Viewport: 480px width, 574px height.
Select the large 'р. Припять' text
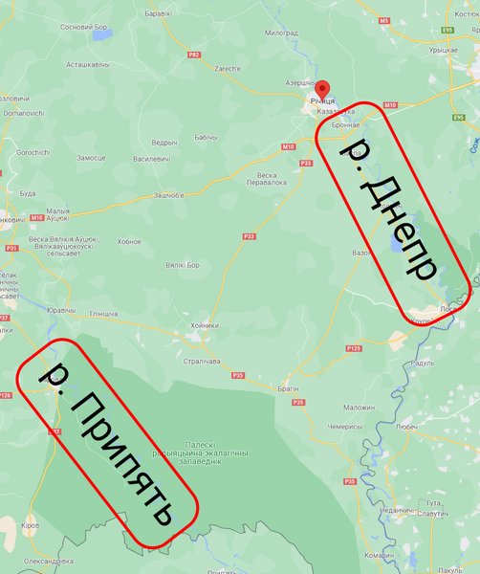tap(109, 444)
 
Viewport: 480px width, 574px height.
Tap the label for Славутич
tap(433, 514)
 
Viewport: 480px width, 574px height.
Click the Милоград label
tap(281, 33)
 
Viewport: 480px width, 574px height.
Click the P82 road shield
tap(194, 55)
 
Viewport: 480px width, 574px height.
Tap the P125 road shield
tap(354, 348)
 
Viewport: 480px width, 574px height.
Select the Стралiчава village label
tap(202, 361)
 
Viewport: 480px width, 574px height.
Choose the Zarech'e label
tap(227, 70)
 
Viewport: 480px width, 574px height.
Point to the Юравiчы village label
tap(60, 310)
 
